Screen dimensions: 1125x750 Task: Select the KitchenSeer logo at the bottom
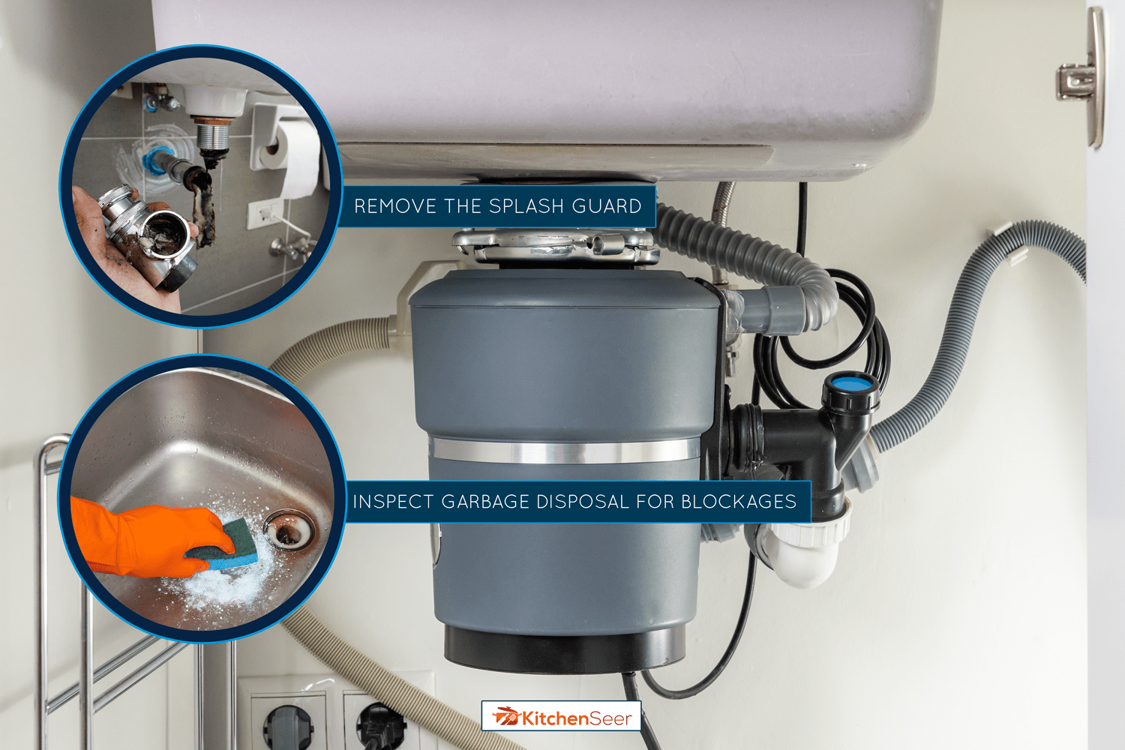pos(561,715)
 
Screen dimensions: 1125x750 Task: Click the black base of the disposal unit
pos(564,647)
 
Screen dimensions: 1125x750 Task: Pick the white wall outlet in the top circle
pos(261,215)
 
